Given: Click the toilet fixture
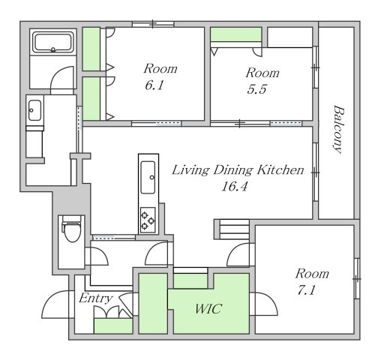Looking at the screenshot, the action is (72, 229).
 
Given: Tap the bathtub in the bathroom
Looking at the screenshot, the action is (53, 43).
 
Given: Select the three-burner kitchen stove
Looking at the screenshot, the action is (148, 220).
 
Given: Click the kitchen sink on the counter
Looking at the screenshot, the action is (148, 177).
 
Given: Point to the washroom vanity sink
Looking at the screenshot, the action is (34, 110).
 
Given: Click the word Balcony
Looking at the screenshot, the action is (339, 130).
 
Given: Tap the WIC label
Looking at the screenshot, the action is (208, 309).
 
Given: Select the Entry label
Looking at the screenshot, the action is (96, 298).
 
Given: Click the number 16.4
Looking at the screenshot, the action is (235, 187).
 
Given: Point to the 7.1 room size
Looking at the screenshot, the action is (306, 290).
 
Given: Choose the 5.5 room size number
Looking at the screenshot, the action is (256, 89).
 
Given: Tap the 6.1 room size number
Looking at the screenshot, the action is (154, 85).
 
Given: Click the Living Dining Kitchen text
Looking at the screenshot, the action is (238, 170).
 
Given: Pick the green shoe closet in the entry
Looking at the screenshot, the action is (113, 326).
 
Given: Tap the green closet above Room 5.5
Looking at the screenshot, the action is (236, 34).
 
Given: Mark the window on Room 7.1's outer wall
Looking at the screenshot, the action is (357, 278).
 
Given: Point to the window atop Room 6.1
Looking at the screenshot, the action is (153, 24).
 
